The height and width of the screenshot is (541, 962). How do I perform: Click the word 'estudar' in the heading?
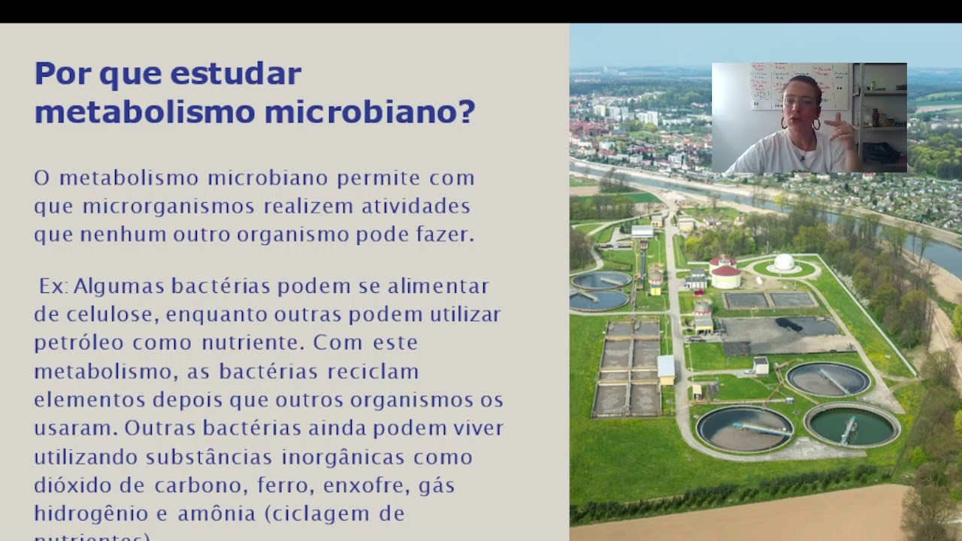tap(235, 74)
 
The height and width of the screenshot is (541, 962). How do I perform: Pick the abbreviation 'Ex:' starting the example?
tap(53, 286)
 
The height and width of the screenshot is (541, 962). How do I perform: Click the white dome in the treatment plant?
tap(784, 262)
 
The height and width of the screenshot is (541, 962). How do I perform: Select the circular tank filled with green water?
tap(852, 426)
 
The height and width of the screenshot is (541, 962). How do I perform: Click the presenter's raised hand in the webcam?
tap(842, 131)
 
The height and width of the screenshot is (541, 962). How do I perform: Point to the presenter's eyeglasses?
tap(799, 101)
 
